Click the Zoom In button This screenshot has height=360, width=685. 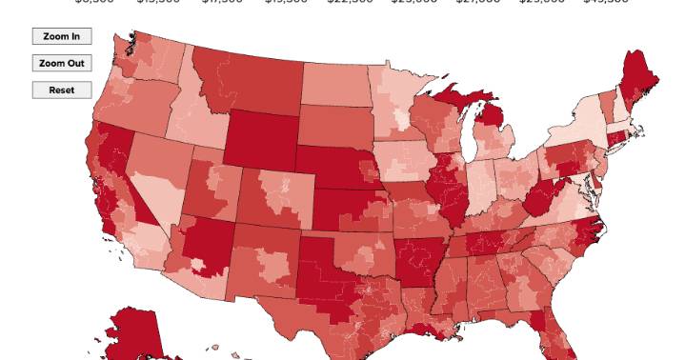click(x=62, y=37)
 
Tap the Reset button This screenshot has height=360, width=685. click(x=62, y=90)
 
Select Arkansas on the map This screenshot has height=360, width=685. click(x=418, y=258)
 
